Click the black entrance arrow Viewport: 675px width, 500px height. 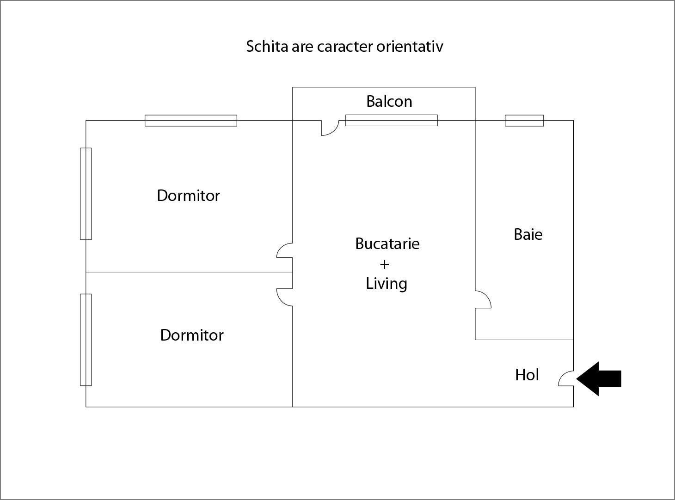[599, 379]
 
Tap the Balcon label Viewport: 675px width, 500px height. [389, 101]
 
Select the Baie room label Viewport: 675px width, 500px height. [528, 234]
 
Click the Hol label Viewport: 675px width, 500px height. [527, 375]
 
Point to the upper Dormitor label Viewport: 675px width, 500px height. [188, 195]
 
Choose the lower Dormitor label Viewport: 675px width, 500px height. [192, 335]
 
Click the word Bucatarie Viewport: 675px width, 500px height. [387, 244]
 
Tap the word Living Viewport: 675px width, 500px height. [387, 284]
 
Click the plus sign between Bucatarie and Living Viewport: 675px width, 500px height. [384, 264]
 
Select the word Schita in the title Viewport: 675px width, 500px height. [267, 47]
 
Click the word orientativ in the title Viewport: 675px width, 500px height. [410, 47]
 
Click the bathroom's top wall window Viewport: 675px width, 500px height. [524, 121]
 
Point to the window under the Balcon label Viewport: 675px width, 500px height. [392, 120]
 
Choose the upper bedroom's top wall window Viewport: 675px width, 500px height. [191, 121]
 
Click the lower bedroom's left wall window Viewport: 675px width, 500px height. [86, 340]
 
